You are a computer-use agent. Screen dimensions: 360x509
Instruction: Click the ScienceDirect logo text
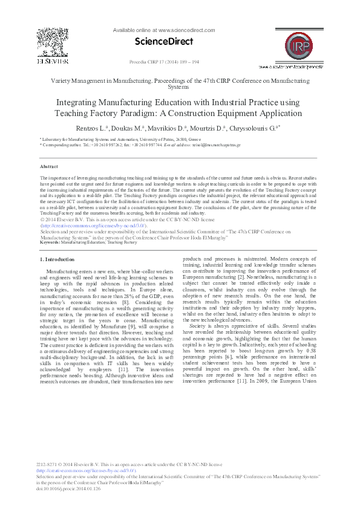click(x=165, y=41)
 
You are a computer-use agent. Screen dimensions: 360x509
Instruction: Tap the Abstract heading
click(x=48, y=166)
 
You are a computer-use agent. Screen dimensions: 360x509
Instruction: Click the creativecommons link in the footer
click(x=87, y=470)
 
